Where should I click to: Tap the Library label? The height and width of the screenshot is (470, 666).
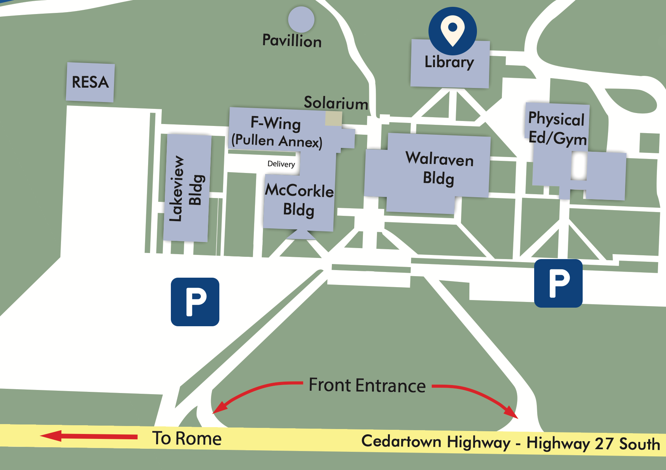[x=449, y=62]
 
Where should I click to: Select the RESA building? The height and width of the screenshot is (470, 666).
[x=90, y=82]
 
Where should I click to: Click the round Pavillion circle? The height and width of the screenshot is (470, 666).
[x=301, y=19]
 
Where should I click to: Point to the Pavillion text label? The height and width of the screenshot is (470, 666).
[x=292, y=41]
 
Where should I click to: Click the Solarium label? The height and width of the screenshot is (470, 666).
[x=336, y=103]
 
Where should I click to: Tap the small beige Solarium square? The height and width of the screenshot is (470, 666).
[x=333, y=119]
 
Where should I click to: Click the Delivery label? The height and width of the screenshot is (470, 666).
[x=281, y=164]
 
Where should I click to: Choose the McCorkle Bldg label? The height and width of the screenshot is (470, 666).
[x=299, y=200]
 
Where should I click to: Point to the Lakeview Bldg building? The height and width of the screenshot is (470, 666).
[x=187, y=188]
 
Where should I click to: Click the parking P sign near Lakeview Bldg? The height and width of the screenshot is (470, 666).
[x=195, y=302]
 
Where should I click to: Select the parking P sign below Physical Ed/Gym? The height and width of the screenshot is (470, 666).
[x=558, y=283]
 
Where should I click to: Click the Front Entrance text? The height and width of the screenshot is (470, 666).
[x=367, y=385]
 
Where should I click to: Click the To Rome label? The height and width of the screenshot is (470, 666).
[x=187, y=439]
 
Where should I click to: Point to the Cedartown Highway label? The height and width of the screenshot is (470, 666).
[x=436, y=442]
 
